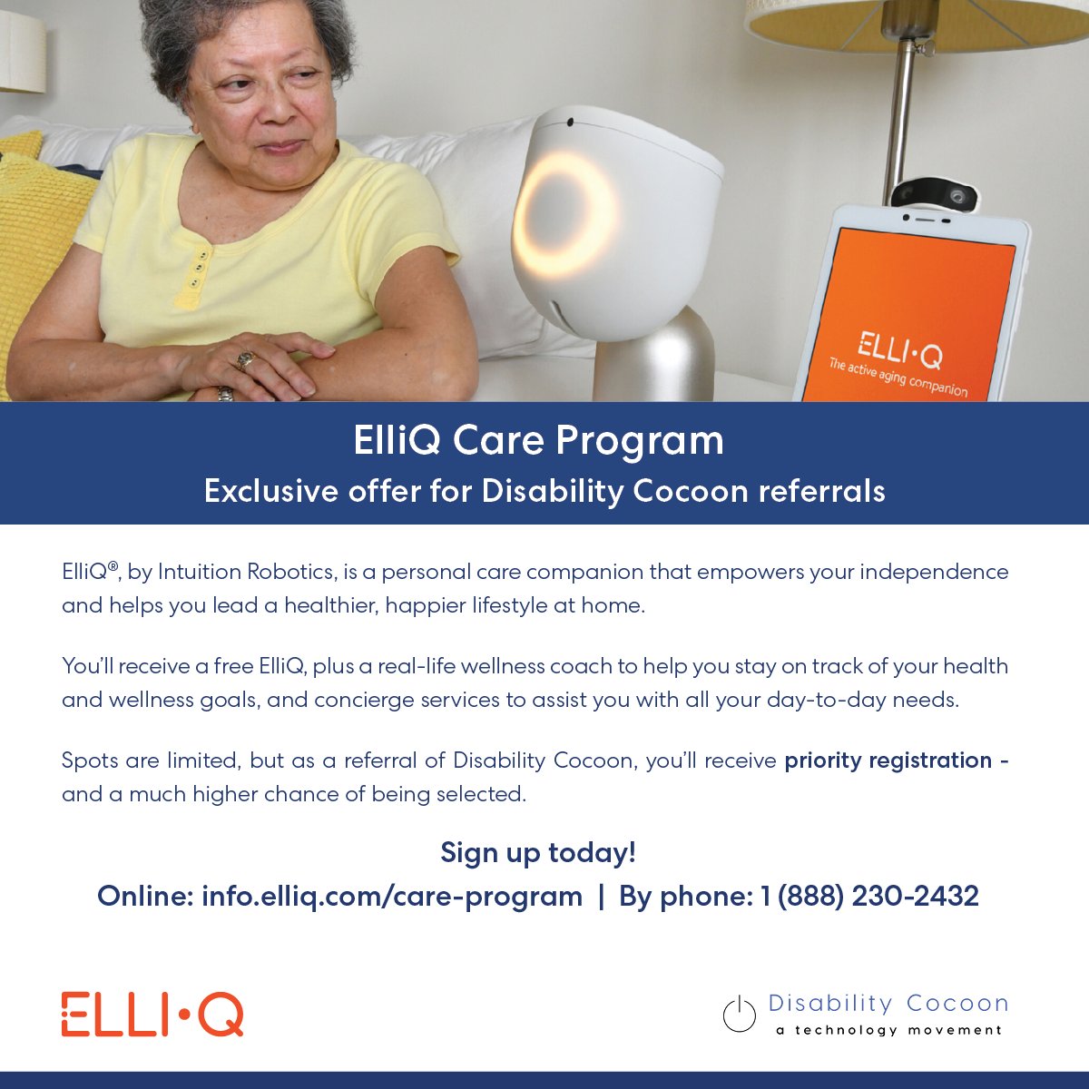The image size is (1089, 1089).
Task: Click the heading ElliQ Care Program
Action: coord(538,441)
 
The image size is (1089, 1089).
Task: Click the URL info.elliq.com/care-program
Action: coord(392,897)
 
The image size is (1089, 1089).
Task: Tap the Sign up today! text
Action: coord(538,853)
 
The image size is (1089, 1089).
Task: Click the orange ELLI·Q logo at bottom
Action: coord(152,1015)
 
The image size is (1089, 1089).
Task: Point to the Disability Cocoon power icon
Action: coord(739,1014)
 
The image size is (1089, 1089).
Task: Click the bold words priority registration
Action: coord(888,760)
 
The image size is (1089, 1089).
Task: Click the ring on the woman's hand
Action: coord(244,360)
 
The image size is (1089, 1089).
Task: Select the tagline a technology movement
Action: coord(889,1031)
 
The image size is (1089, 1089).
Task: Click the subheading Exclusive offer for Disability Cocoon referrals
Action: coord(544,491)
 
